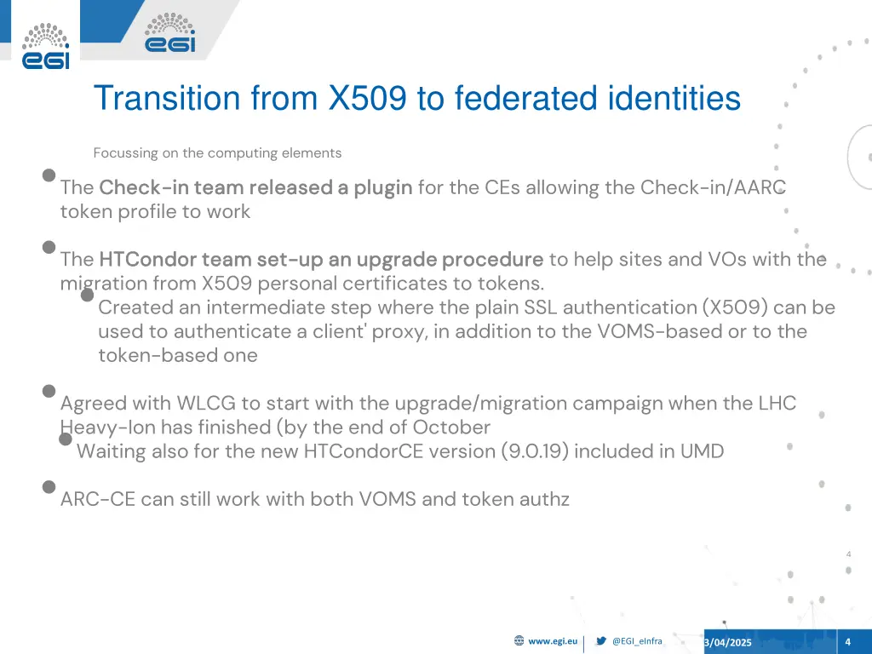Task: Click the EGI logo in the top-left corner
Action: click(x=45, y=46)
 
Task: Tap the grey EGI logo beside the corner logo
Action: click(x=169, y=33)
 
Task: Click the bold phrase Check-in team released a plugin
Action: click(x=255, y=187)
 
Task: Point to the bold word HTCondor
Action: click(x=141, y=259)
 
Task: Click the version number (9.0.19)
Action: click(x=536, y=451)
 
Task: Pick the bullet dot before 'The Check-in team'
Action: click(x=49, y=175)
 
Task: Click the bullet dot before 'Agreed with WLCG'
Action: click(x=49, y=391)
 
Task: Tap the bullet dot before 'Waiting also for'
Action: click(x=66, y=439)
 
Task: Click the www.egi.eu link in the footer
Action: click(x=553, y=641)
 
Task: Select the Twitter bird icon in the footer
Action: click(x=601, y=641)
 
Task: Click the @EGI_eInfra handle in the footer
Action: click(x=637, y=641)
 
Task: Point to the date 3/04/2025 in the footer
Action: click(x=728, y=642)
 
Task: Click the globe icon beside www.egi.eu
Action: click(x=519, y=641)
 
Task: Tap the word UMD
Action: click(x=702, y=451)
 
